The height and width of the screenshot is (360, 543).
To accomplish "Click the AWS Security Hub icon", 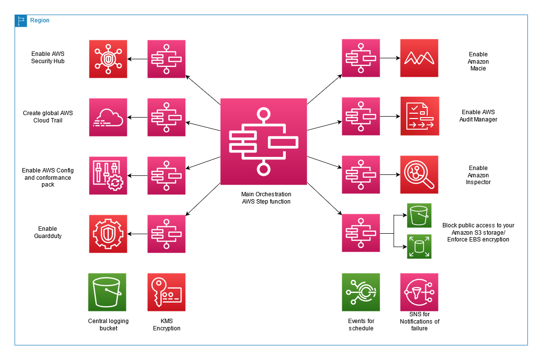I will point(108,59).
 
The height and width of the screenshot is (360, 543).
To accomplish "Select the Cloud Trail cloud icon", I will point(108,117).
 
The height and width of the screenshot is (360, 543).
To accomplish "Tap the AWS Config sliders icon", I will point(108,175).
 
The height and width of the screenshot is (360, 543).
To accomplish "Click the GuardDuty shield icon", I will point(108,234).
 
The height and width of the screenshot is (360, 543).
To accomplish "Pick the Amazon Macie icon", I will point(419,58).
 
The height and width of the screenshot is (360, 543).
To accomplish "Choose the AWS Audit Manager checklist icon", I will point(419,116).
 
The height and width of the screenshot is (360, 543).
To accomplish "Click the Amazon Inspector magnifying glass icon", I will point(419,174).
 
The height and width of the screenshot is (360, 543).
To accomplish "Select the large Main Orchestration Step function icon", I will point(263,141).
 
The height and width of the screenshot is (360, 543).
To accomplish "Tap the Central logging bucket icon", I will point(107,292).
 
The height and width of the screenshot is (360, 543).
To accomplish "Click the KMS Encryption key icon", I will point(166,292).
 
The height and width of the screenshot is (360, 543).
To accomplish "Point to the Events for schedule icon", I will point(361,292).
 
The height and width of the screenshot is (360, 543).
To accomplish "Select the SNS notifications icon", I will point(419,292).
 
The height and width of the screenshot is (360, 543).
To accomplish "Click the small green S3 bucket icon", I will point(419,215).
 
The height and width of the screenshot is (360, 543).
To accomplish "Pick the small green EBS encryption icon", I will point(419,246).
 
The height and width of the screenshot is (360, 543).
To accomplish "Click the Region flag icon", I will point(21,20).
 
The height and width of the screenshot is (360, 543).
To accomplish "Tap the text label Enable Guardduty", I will point(48,232).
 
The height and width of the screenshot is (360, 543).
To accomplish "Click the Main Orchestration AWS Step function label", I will point(266,198).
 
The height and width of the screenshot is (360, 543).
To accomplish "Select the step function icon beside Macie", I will point(361,58).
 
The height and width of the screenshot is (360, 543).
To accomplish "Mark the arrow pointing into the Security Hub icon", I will point(137,59).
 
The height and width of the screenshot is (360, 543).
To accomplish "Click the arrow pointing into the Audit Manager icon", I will point(390,117).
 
